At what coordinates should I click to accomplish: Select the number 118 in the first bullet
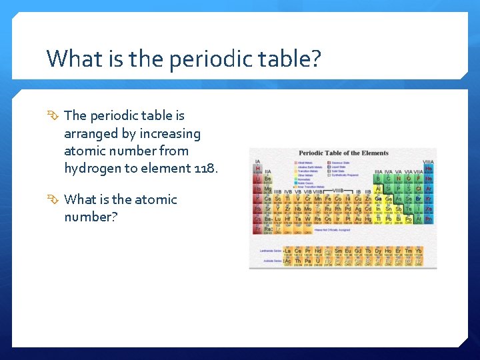coord(203,168)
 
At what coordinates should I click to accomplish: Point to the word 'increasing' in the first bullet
coord(170,133)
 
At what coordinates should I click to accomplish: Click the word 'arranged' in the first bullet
coord(98,133)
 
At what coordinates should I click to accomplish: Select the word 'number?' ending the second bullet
coord(91,217)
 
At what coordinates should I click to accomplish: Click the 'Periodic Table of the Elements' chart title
coord(343,153)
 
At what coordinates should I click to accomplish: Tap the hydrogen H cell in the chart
coord(258,169)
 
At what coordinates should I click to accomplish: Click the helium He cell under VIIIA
coord(429,169)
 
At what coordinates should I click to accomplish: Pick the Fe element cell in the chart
coord(328,199)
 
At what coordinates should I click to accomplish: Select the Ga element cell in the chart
coord(379,199)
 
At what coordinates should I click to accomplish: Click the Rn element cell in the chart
coord(429,219)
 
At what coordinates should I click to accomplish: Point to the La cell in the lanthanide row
coord(288,251)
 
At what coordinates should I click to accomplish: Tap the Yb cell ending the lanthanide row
coord(418,251)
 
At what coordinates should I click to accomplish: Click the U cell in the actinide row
coord(318,261)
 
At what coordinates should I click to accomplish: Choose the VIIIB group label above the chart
coord(338,191)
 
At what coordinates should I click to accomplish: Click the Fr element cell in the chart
coord(258,229)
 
